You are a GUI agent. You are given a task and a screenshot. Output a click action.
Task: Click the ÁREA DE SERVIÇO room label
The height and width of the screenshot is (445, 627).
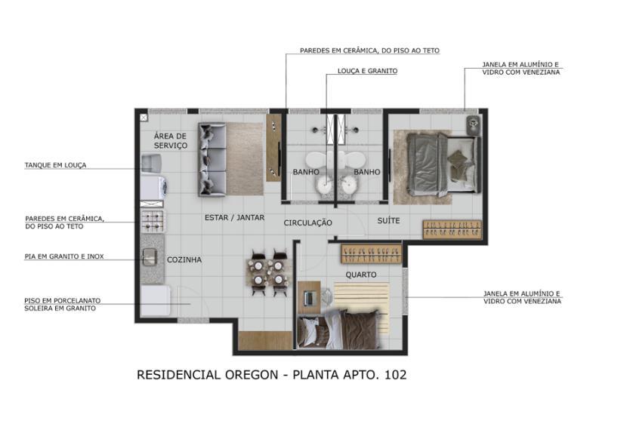(170, 140)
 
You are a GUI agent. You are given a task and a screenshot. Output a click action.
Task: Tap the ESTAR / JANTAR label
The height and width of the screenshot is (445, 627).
(234, 217)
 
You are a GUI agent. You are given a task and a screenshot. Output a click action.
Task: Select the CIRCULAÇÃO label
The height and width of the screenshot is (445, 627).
(308, 222)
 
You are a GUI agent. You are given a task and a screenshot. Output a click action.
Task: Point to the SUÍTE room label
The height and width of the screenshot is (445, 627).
(388, 220)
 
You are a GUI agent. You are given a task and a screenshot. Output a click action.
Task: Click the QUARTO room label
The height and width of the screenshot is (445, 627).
(361, 275)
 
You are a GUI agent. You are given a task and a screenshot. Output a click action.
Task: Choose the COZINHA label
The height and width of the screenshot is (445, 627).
(184, 259)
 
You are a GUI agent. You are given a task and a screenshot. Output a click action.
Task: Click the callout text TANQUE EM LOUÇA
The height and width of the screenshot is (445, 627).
(55, 165)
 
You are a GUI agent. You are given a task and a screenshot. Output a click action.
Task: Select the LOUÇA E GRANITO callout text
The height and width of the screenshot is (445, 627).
(366, 71)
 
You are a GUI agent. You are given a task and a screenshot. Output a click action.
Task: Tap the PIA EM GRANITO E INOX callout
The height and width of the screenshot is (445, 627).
(64, 256)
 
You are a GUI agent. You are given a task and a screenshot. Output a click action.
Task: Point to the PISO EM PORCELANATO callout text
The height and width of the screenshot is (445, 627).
(62, 300)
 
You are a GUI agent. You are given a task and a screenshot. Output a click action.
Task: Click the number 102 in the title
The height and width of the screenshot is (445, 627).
(393, 374)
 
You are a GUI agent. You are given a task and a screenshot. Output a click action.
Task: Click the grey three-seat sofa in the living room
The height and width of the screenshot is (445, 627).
(212, 159)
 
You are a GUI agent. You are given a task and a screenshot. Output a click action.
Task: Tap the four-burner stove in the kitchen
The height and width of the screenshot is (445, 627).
(152, 220)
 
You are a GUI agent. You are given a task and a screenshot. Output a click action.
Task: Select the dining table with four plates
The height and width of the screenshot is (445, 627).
(269, 273)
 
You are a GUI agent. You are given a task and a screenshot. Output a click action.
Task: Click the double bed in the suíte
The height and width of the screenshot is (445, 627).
(434, 165)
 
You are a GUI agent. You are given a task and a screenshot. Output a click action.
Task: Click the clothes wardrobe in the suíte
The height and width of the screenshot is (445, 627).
(452, 229)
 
